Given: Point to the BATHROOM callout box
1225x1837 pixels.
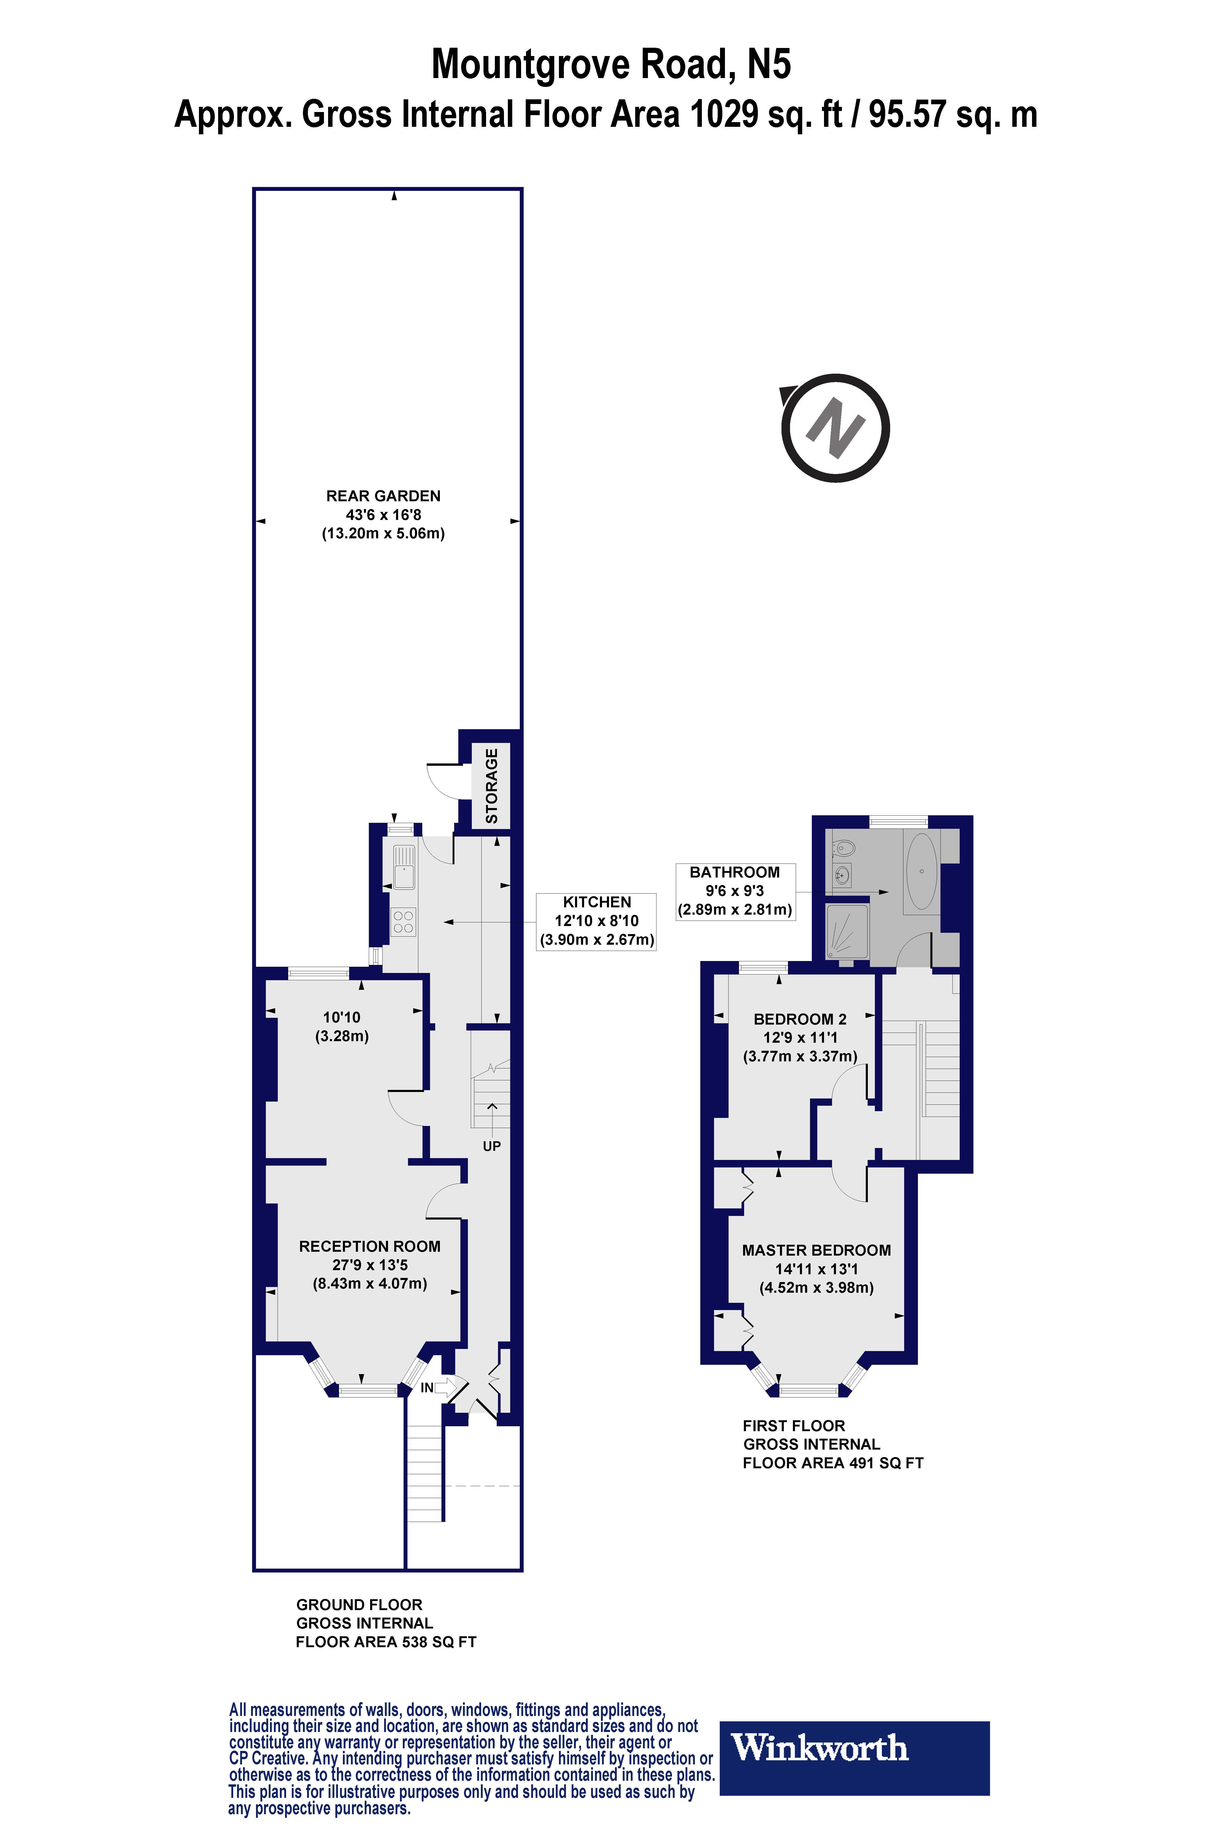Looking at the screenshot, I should tap(734, 891).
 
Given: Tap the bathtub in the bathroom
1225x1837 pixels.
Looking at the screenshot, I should tap(922, 872).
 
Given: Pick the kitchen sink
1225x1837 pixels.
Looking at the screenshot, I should tap(403, 867).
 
